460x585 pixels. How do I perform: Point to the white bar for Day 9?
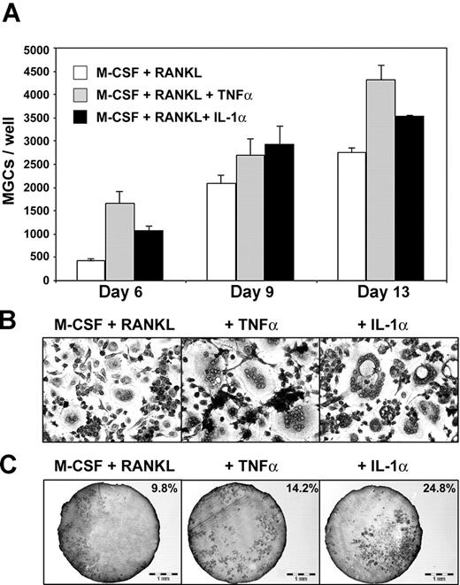click(220, 231)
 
